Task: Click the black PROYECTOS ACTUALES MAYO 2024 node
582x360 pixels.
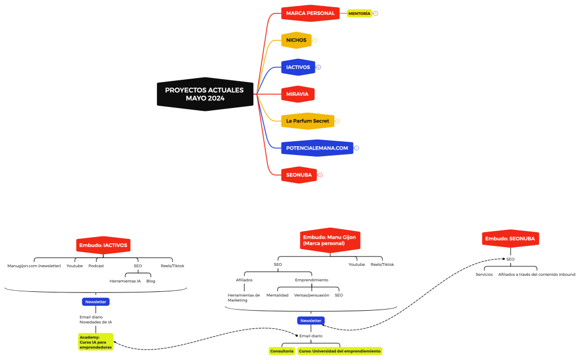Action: click(x=205, y=94)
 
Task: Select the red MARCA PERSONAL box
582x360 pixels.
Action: click(x=310, y=13)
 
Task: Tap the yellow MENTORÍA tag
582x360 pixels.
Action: click(x=359, y=13)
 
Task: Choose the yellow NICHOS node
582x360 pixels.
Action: click(x=296, y=40)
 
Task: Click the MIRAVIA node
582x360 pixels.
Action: click(x=298, y=94)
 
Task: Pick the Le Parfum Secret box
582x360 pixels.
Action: click(x=308, y=121)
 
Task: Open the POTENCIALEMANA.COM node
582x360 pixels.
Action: click(x=317, y=148)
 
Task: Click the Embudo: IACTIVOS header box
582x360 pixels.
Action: click(x=103, y=245)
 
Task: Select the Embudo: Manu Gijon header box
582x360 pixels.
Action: click(x=330, y=240)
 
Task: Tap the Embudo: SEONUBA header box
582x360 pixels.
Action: click(x=510, y=238)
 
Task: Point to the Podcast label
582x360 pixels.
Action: click(x=96, y=266)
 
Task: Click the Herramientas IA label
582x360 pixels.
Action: click(x=125, y=281)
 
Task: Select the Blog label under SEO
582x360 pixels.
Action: click(x=151, y=281)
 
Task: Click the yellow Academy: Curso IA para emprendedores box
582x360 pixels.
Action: click(x=96, y=342)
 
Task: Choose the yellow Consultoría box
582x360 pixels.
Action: click(x=282, y=351)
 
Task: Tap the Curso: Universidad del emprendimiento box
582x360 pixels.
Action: click(x=340, y=351)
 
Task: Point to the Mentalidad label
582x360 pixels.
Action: click(x=277, y=295)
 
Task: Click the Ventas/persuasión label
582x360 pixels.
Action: click(x=312, y=295)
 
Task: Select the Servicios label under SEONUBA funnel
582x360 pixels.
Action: click(x=484, y=274)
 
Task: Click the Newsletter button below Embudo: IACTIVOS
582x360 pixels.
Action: click(x=96, y=302)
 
